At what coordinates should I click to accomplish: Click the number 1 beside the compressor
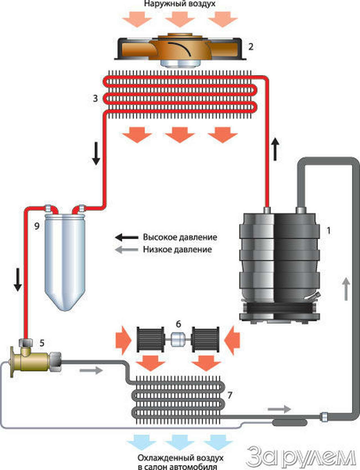point(328,231)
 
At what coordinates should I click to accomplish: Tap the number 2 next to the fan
point(251,46)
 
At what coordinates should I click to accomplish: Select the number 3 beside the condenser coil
point(95,98)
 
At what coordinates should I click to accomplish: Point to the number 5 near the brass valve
point(42,343)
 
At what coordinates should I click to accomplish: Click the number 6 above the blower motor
point(178,324)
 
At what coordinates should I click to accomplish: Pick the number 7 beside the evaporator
point(230,395)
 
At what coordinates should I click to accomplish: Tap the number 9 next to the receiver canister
point(37,226)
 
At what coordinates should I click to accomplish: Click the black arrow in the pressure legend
point(126,237)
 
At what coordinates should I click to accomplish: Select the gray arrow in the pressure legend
point(126,249)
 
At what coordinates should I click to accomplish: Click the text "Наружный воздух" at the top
point(180,4)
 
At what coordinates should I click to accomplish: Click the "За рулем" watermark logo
point(301,456)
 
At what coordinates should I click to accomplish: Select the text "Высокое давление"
point(180,237)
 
